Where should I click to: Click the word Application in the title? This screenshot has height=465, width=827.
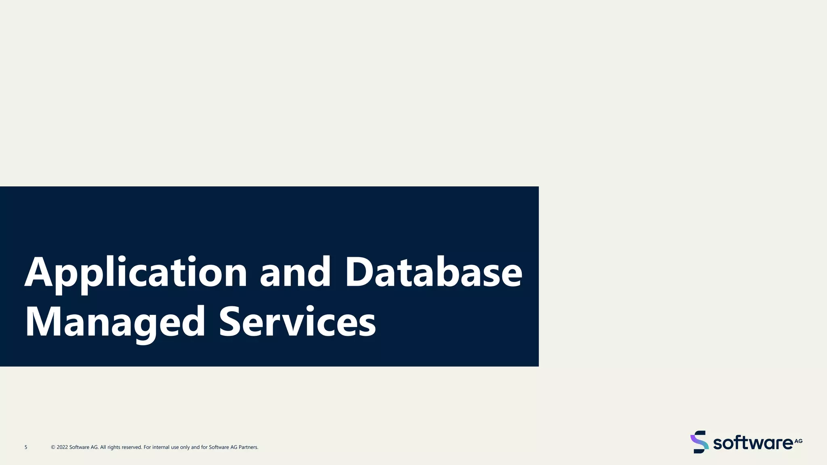point(136,273)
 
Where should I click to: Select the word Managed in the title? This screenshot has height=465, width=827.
point(115,322)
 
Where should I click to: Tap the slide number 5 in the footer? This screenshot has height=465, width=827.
point(26,447)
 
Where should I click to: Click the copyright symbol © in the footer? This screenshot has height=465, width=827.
point(53,447)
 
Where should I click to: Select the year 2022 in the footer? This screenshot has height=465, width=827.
point(62,447)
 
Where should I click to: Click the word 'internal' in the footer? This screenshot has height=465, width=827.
point(161,447)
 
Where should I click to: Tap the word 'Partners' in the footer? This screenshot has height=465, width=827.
point(248,447)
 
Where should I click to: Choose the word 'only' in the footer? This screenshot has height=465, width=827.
point(185,447)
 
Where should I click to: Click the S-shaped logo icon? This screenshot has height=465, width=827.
point(699,442)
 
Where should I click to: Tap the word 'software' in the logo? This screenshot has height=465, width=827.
point(753,443)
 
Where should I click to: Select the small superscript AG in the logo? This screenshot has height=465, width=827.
point(798,441)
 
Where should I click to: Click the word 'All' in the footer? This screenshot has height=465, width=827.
point(103,447)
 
